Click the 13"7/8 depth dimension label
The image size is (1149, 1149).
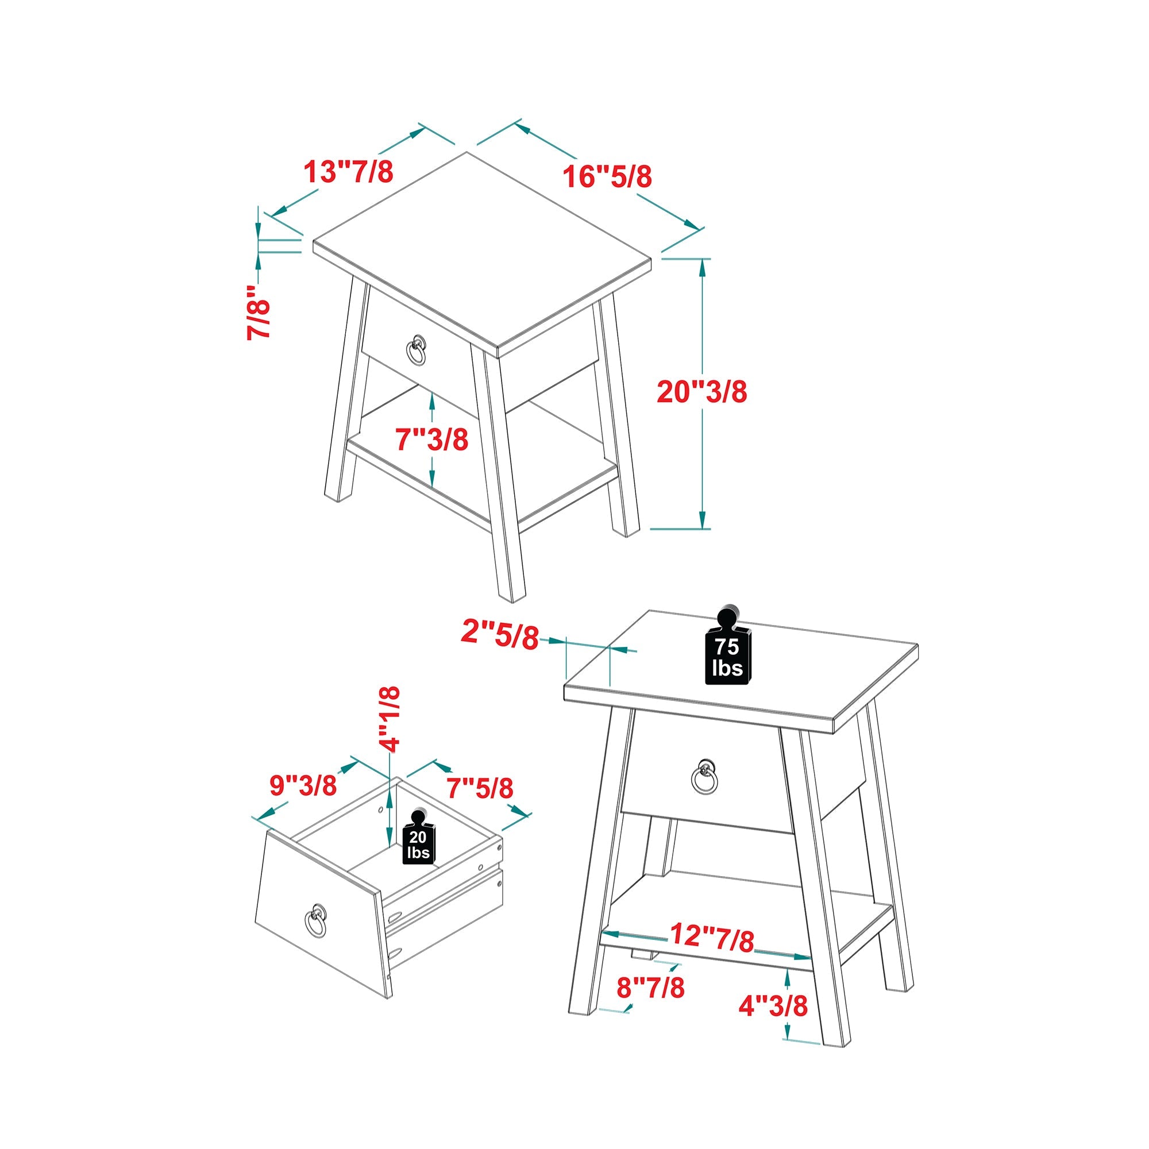(349, 172)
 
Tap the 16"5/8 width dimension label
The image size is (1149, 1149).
(608, 176)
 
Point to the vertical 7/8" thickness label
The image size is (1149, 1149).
(259, 312)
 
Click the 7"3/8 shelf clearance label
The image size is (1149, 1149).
(433, 439)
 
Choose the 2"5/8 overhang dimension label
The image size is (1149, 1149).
(500, 635)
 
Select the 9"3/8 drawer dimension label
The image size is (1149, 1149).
(303, 785)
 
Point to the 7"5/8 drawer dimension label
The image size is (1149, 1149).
(479, 788)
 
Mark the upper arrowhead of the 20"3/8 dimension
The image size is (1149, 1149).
(703, 269)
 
